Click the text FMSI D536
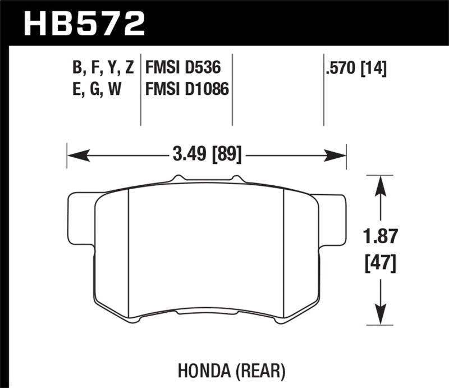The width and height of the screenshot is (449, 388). coord(181,69)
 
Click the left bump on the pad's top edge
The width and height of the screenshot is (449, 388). coord(178,179)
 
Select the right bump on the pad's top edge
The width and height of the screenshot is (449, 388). coord(236,179)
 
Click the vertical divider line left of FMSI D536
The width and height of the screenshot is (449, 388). coord(140,90)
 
